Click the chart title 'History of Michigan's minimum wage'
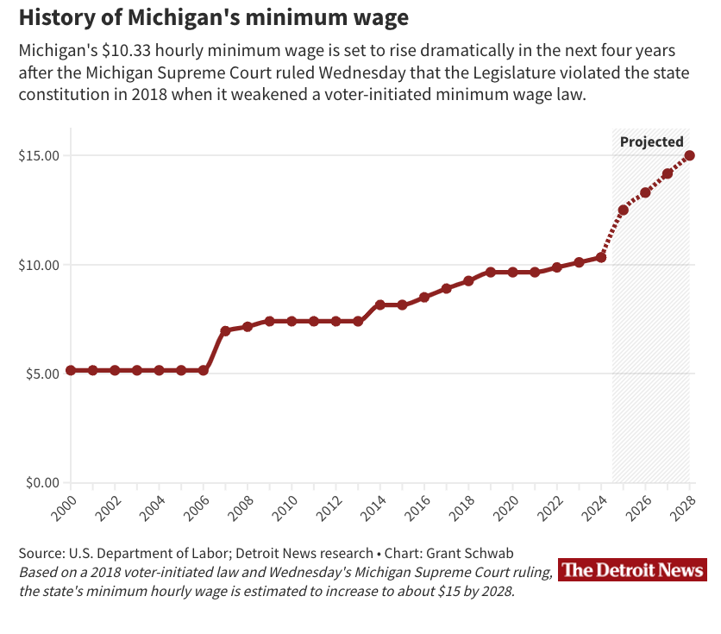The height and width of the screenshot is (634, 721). [214, 17]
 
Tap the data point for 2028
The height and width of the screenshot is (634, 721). [690, 156]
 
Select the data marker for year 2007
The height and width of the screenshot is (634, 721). [225, 331]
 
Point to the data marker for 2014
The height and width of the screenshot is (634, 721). [380, 304]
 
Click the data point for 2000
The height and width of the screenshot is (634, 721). [71, 370]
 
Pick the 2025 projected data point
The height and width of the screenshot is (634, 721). [624, 210]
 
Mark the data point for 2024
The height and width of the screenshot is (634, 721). [601, 257]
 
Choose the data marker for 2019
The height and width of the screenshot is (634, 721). [491, 272]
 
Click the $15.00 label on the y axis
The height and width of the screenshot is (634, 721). [38, 156]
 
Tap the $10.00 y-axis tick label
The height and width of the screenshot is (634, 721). [38, 265]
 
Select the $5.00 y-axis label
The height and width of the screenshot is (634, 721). [41, 373]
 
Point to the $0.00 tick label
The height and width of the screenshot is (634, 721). [41, 482]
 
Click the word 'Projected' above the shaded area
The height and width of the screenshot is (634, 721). [652, 142]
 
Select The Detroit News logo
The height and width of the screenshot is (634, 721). [632, 569]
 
